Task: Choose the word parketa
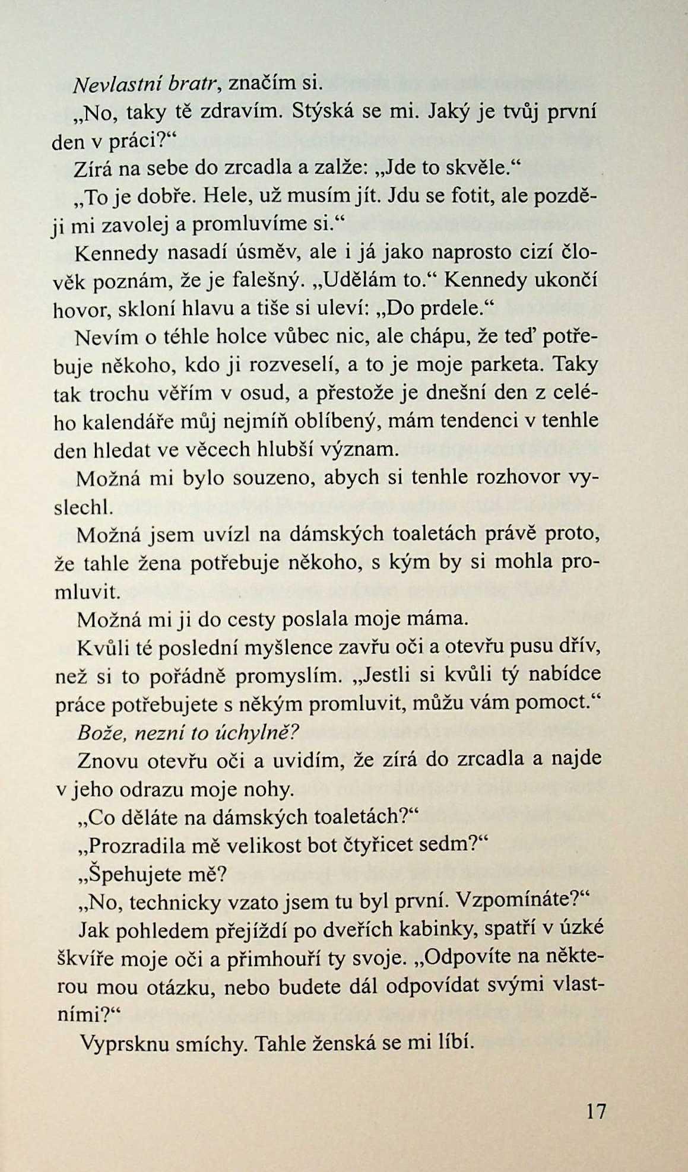click(x=505, y=365)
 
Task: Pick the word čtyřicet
click(x=386, y=845)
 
